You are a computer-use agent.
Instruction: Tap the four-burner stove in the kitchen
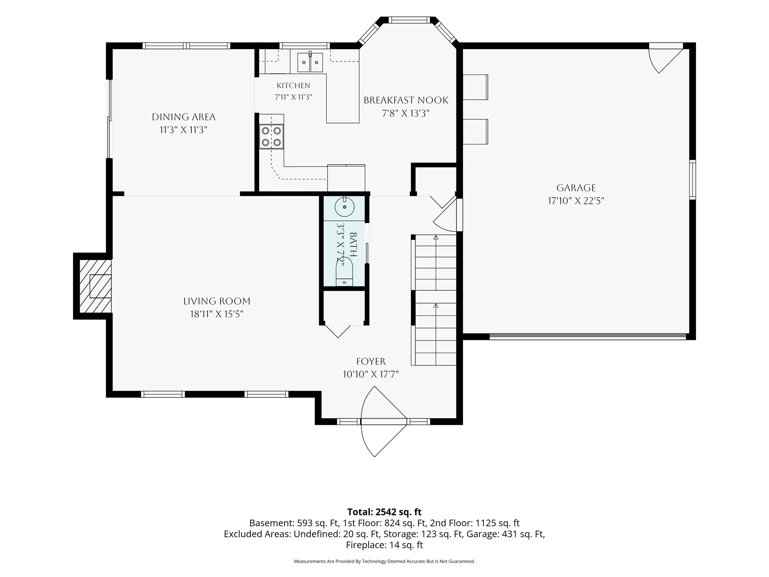[x=271, y=136]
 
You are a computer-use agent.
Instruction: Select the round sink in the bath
[x=345, y=207]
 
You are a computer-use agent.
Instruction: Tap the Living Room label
[x=217, y=301]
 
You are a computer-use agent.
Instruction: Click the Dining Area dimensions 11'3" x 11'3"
[x=184, y=130]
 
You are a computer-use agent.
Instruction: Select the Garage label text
[x=576, y=188]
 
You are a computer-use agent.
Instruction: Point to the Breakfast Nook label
[x=406, y=100]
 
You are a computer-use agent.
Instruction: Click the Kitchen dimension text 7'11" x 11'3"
[x=294, y=97]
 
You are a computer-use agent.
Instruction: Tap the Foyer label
[x=371, y=361]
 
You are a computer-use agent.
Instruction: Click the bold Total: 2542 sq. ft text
[x=384, y=512]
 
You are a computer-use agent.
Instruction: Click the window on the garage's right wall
[x=693, y=180]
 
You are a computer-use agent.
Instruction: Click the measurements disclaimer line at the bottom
[x=384, y=561]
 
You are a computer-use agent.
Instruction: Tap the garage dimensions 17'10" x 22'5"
[x=576, y=201]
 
